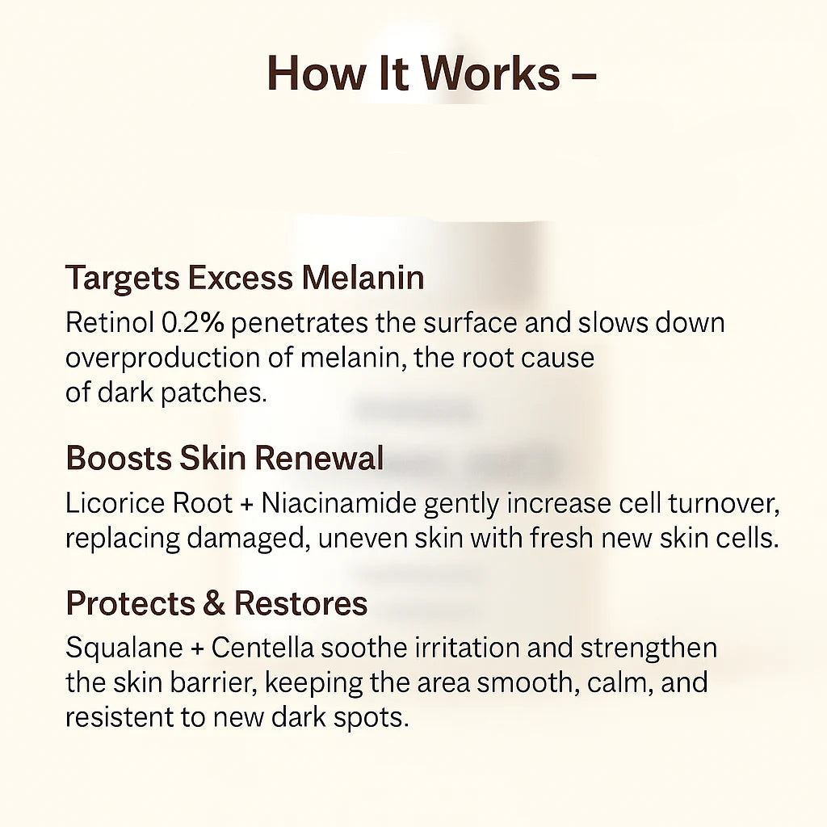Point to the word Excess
[240, 278]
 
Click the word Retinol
[110, 323]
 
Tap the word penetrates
[299, 324]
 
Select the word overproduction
[162, 359]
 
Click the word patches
[213, 393]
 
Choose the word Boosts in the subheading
[119, 458]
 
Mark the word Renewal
[320, 458]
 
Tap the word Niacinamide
[339, 503]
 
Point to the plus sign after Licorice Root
[247, 505]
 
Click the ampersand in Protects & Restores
[214, 603]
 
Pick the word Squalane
[124, 649]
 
